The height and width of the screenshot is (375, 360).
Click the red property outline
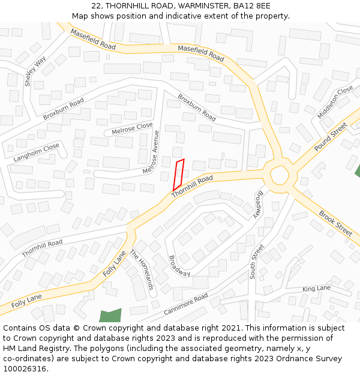click(x=179, y=175)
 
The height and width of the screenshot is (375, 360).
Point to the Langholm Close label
click(x=36, y=152)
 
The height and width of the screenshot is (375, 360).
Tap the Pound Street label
click(x=331, y=137)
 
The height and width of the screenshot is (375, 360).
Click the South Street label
click(x=257, y=261)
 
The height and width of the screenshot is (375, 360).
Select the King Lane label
click(x=316, y=289)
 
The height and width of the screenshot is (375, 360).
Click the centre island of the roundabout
click(x=280, y=175)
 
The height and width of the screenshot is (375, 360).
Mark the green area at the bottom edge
click(x=110, y=316)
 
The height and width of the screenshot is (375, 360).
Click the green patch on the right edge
click(x=357, y=170)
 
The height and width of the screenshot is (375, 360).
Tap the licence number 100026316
click(x=25, y=369)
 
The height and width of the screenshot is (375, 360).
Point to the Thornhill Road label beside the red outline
click(x=192, y=187)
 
